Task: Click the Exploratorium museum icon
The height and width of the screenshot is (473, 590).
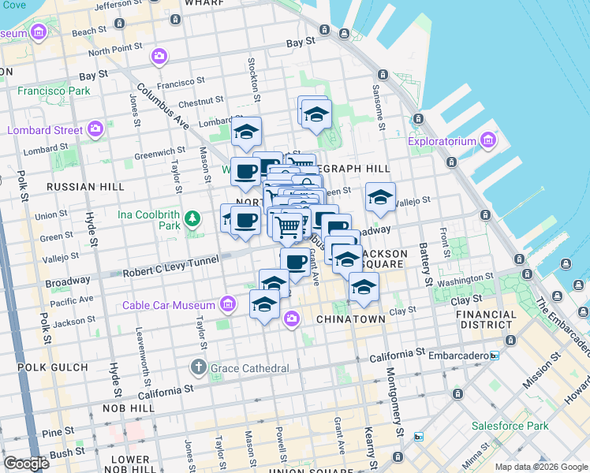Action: (x=488, y=142)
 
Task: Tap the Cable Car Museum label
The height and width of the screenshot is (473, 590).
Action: (x=169, y=305)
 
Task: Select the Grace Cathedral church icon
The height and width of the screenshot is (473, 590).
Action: (x=198, y=367)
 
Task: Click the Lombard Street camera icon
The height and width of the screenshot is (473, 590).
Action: (x=95, y=129)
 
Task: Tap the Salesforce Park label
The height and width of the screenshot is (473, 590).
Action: (x=510, y=426)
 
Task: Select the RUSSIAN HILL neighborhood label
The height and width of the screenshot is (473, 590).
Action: (x=85, y=187)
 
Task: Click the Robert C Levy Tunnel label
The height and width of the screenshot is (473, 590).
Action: (x=170, y=271)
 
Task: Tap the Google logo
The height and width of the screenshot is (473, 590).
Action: (x=26, y=464)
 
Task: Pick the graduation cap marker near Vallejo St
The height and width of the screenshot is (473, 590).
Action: (x=379, y=198)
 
